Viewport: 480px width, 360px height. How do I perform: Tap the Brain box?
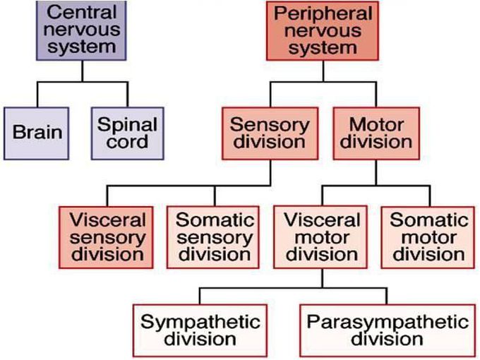pyautogui.click(x=37, y=132)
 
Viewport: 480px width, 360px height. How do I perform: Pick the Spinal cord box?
pyautogui.click(x=127, y=132)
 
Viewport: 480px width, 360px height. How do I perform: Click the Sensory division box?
pyautogui.click(x=270, y=133)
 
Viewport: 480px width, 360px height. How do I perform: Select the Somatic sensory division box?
pyautogui.click(x=214, y=236)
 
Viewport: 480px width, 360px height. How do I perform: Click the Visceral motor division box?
pyautogui.click(x=322, y=236)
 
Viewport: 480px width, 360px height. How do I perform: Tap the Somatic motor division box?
pyautogui.click(x=428, y=236)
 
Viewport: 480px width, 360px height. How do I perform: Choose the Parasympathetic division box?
pyautogui.click(x=388, y=330)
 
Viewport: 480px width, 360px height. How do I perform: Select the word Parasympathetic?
pyautogui.click(x=388, y=321)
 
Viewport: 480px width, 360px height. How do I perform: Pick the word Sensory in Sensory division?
pyautogui.click(x=270, y=124)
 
